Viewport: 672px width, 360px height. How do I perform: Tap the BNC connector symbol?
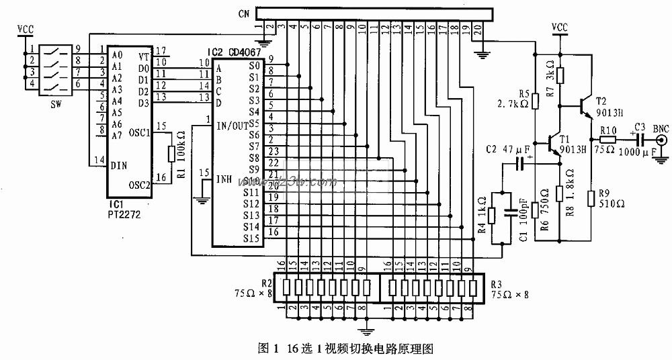click(661, 141)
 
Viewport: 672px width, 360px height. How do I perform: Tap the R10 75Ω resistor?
click(606, 140)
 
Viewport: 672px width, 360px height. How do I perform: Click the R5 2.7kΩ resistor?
click(536, 101)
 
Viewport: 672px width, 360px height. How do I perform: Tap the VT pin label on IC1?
click(143, 57)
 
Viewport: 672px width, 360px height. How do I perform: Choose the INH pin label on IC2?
click(224, 179)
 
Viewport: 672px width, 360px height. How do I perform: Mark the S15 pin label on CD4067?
click(251, 238)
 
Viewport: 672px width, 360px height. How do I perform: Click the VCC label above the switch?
click(25, 29)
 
